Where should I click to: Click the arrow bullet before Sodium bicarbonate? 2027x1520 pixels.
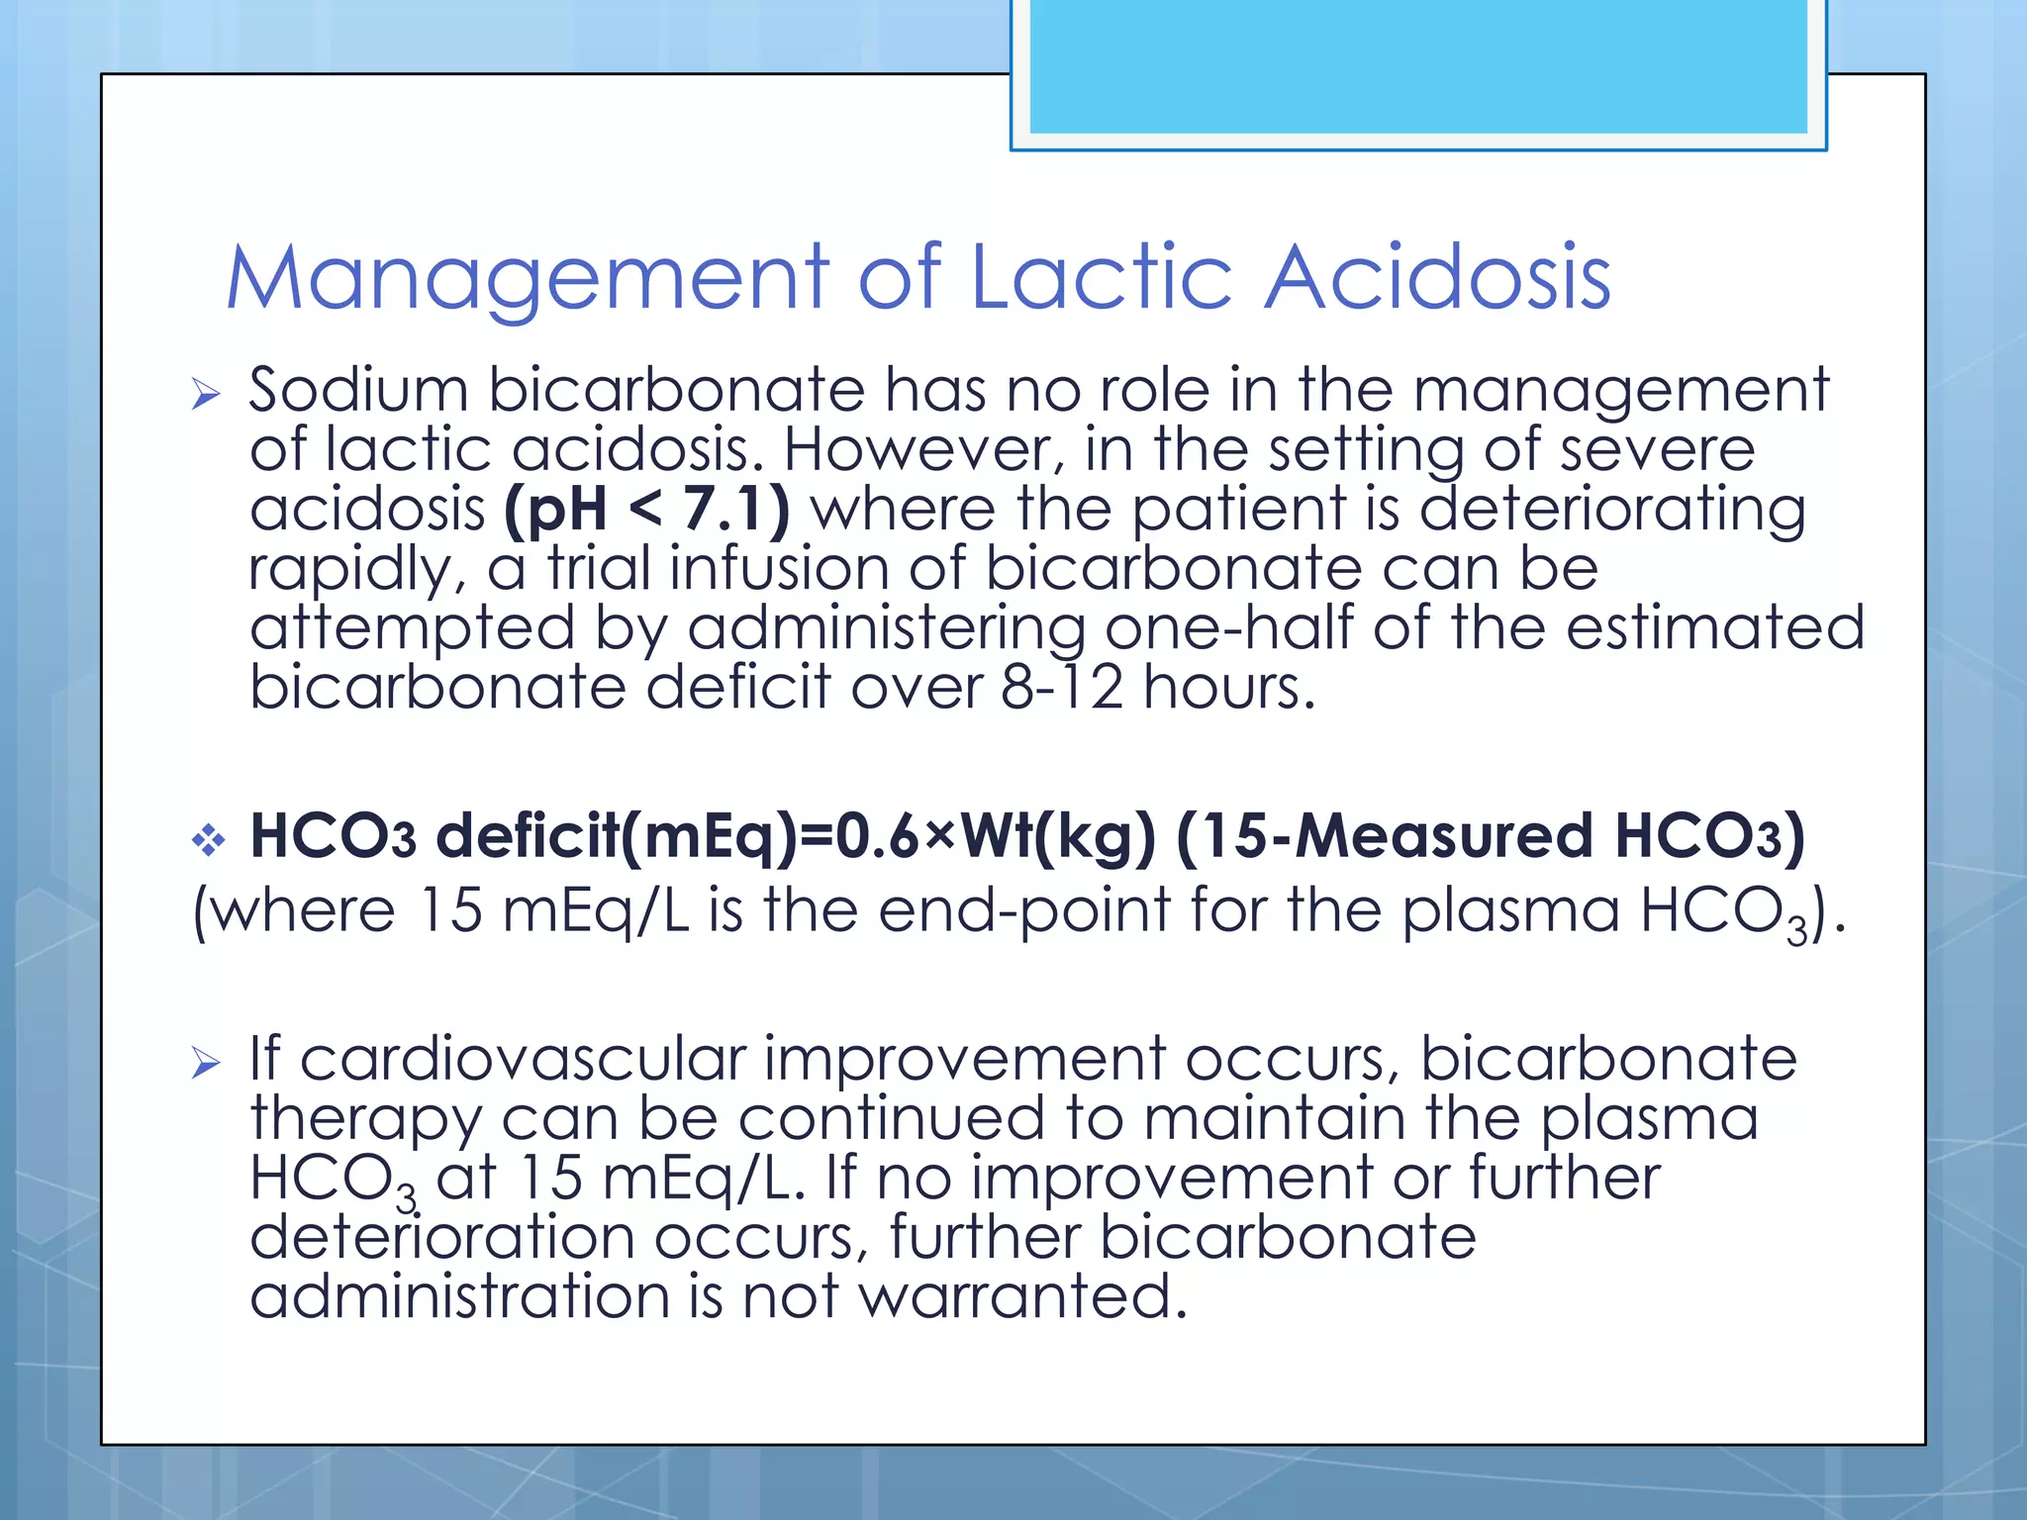(206, 395)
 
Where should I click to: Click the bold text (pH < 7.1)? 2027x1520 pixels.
(646, 509)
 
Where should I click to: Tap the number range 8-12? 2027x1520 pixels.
(1061, 687)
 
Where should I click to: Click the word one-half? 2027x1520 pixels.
(1228, 627)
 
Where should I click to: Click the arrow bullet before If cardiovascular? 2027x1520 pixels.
(206, 1064)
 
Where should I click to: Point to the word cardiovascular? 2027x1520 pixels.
(522, 1058)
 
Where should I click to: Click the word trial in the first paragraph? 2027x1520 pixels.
(598, 568)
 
